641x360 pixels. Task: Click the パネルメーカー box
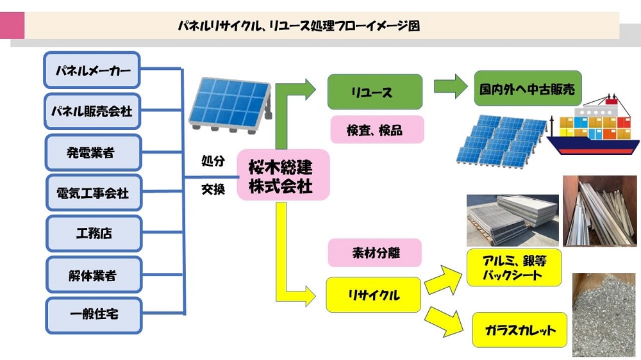tap(93, 70)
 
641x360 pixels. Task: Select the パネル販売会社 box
tap(93, 111)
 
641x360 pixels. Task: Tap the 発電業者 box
tap(93, 152)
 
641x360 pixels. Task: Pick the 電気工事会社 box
tap(93, 193)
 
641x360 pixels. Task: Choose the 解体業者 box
tap(93, 275)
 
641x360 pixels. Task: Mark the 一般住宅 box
tap(93, 315)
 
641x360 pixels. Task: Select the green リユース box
tap(374, 92)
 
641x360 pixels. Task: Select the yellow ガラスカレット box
tap(520, 330)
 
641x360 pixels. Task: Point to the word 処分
tap(213, 161)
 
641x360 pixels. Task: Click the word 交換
tap(213, 190)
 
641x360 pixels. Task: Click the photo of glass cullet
tap(603, 314)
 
